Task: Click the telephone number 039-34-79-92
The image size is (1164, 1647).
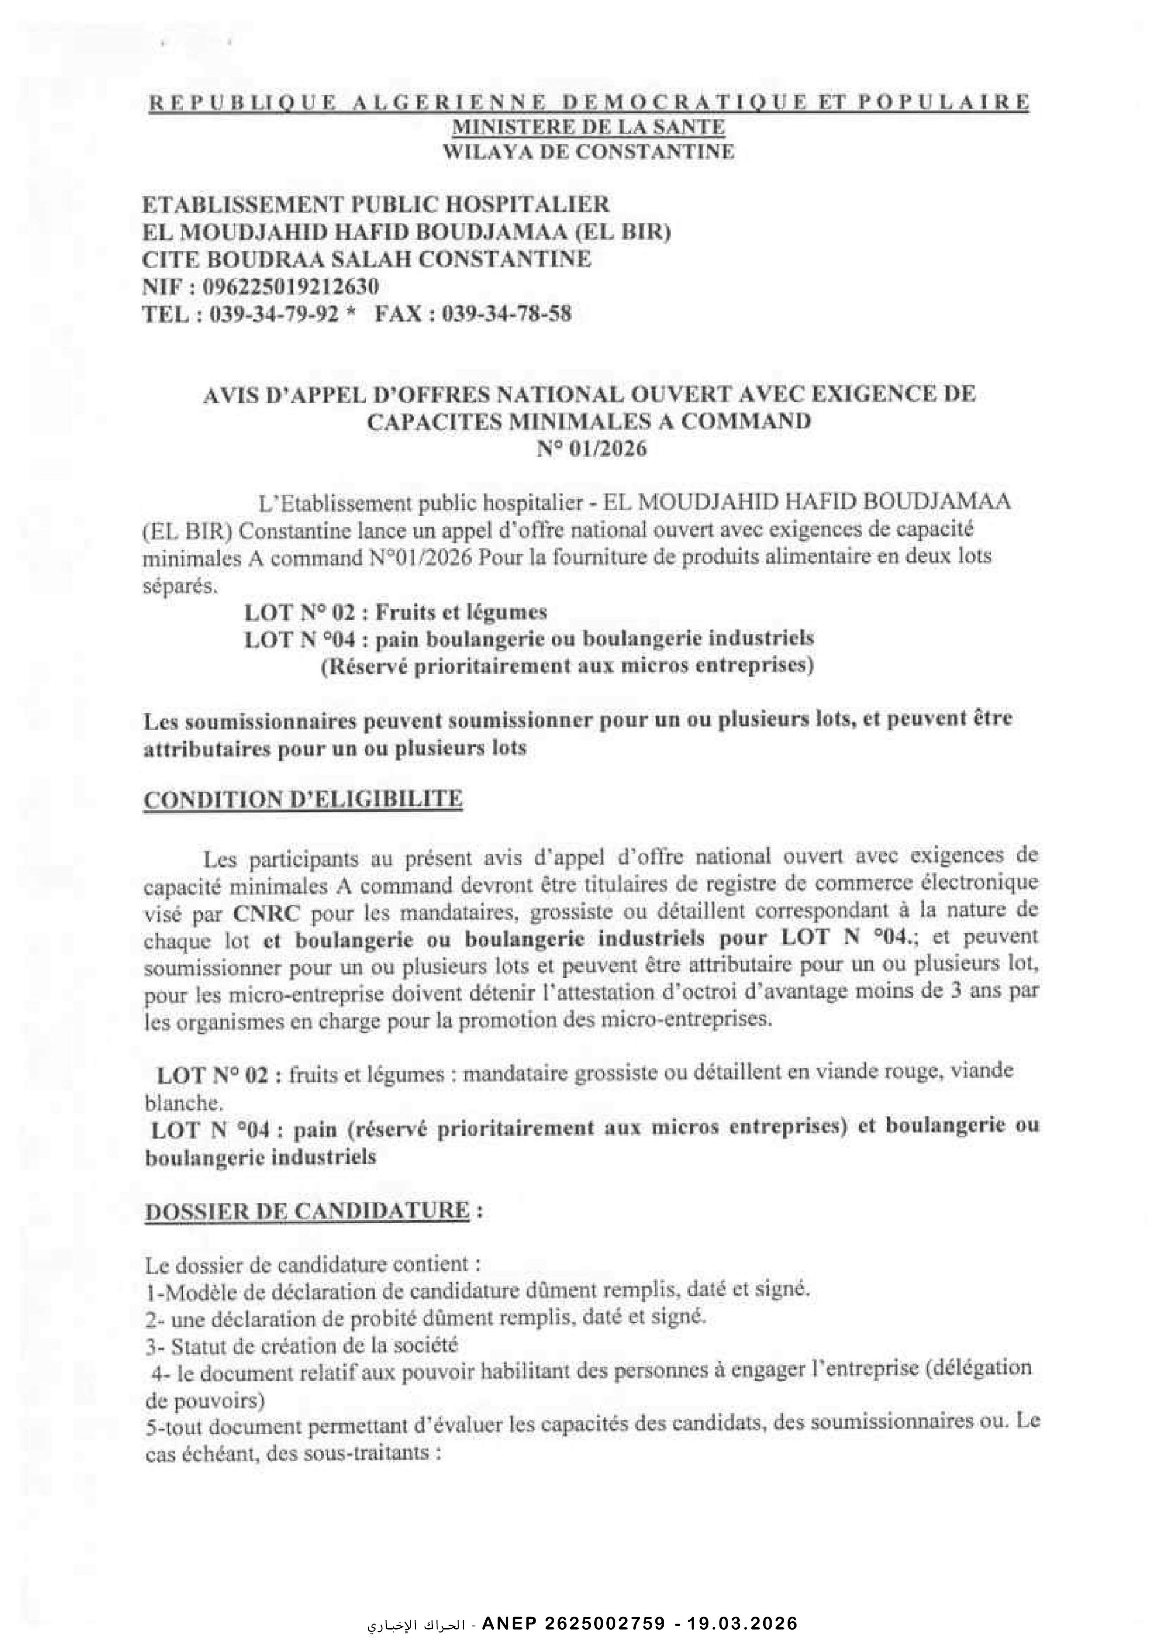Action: click(x=273, y=314)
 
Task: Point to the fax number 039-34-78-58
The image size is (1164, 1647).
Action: click(x=507, y=314)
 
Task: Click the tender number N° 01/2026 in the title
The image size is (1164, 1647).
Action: click(x=592, y=450)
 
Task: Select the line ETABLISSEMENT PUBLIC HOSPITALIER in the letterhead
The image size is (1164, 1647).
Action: click(x=376, y=205)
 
